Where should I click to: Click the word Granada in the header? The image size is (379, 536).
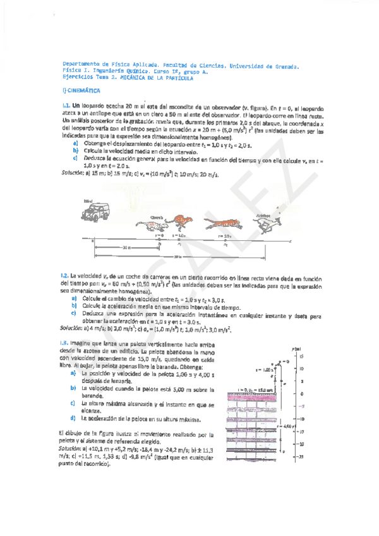click(283, 65)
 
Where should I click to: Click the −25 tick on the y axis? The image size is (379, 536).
click(303, 456)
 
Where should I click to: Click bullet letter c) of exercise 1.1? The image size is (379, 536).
click(75, 158)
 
